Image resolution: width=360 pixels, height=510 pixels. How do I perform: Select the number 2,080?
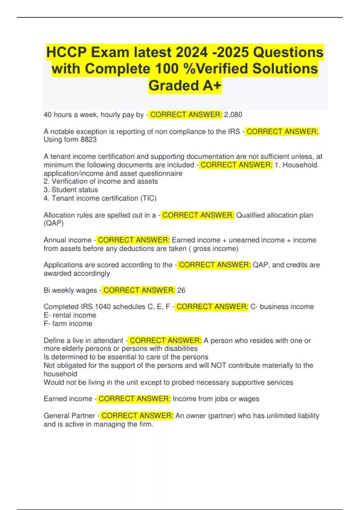233,115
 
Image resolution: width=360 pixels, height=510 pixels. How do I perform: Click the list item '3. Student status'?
71,190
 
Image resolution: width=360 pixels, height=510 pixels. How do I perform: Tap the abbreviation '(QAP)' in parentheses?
54,223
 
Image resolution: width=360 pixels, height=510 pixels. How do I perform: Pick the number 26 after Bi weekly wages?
181,290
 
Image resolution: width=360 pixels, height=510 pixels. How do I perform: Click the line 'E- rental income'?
70,315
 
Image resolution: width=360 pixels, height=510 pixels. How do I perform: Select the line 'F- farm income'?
68,323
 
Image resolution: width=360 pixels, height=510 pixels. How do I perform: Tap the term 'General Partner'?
69,415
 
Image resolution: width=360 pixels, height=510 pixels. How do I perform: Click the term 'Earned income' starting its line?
68,399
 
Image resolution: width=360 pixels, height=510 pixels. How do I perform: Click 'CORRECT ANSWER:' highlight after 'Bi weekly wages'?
139,290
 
